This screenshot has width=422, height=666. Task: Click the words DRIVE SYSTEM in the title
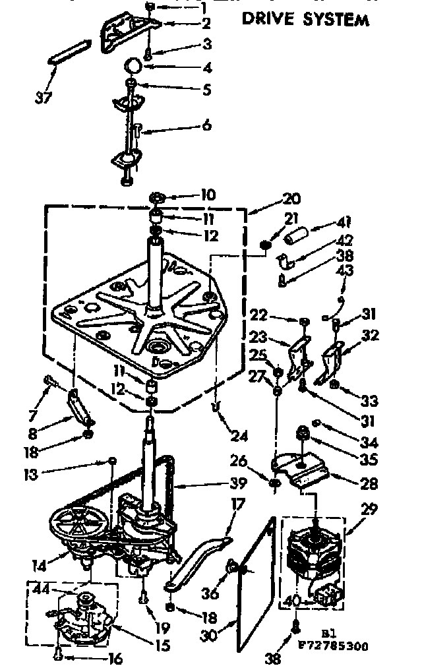click(x=305, y=19)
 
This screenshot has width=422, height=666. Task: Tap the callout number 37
click(x=43, y=98)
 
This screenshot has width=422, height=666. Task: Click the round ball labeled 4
click(x=134, y=65)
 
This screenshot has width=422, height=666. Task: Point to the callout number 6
click(x=206, y=125)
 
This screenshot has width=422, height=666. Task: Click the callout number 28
click(x=369, y=484)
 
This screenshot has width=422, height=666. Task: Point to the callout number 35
click(x=369, y=460)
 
